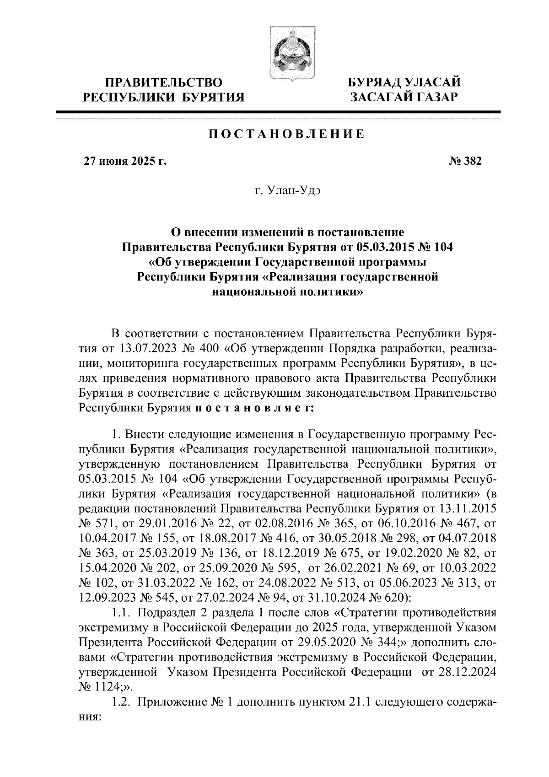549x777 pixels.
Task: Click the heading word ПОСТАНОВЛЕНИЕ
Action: (287, 134)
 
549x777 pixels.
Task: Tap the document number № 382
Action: (463, 161)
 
